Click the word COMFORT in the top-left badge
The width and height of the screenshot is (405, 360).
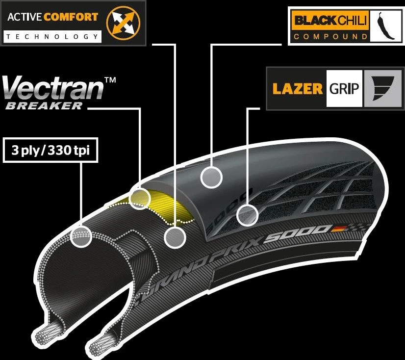71,17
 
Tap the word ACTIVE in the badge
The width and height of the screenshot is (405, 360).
25,17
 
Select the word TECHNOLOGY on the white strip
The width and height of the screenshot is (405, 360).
52,36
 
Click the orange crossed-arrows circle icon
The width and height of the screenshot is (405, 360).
123,23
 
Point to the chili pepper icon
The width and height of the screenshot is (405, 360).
386,26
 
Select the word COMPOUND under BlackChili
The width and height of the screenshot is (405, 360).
330,36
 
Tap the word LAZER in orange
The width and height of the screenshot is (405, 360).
298,89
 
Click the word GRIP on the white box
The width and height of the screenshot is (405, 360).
344,89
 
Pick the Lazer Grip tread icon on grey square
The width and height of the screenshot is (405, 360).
383,88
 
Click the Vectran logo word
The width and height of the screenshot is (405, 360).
53,88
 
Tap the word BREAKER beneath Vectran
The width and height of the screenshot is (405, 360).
44,106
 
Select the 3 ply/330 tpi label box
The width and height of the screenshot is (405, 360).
51,150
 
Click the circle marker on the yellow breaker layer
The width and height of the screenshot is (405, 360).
140,199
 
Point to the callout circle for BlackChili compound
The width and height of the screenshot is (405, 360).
211,177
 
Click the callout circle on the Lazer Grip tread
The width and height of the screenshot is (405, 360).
248,215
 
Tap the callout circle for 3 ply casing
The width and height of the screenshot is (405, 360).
81,236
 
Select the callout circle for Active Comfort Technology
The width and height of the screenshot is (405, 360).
175,237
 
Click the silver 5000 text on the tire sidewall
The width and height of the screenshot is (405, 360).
297,233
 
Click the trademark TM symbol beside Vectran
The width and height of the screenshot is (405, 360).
110,80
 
